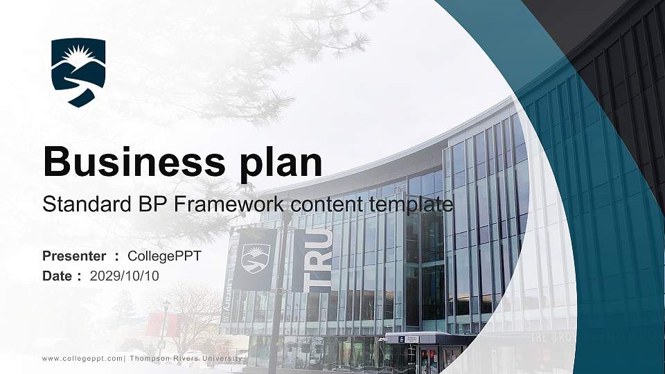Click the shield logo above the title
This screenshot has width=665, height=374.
click(78, 72)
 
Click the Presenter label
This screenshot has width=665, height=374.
click(74, 256)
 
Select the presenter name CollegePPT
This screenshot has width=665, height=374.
click(165, 256)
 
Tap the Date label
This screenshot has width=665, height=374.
click(57, 276)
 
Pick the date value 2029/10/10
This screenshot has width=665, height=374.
click(125, 276)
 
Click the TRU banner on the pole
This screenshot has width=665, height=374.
click(312, 260)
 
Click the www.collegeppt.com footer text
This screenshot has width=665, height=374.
click(82, 358)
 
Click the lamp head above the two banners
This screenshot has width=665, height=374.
click(285, 215)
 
